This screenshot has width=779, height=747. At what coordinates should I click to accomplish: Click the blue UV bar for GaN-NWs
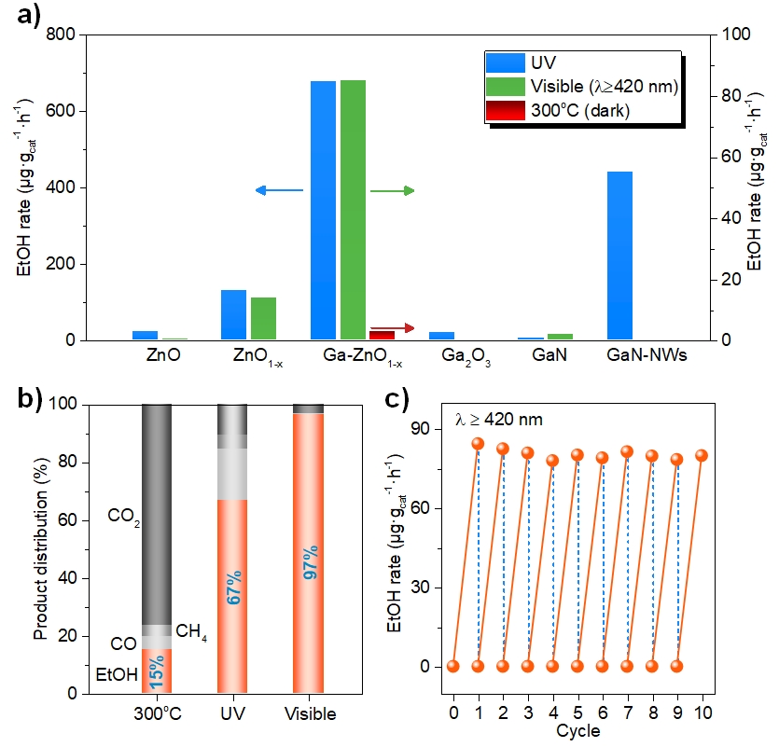[x=619, y=256]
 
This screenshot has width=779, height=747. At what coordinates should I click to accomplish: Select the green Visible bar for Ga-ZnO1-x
[x=353, y=210]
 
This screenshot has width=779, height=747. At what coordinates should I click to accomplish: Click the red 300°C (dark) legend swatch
[x=505, y=110]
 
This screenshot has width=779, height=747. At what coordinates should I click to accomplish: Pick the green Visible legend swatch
[x=505, y=87]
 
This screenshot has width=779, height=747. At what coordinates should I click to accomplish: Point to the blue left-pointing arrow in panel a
[x=279, y=190]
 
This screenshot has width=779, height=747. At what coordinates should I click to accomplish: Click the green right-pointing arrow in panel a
[x=392, y=190]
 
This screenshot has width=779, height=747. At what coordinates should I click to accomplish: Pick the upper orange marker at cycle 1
[x=478, y=443]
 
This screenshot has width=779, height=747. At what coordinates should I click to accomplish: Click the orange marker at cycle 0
[x=453, y=666]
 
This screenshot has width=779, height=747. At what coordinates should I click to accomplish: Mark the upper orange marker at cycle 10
[x=702, y=455]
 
